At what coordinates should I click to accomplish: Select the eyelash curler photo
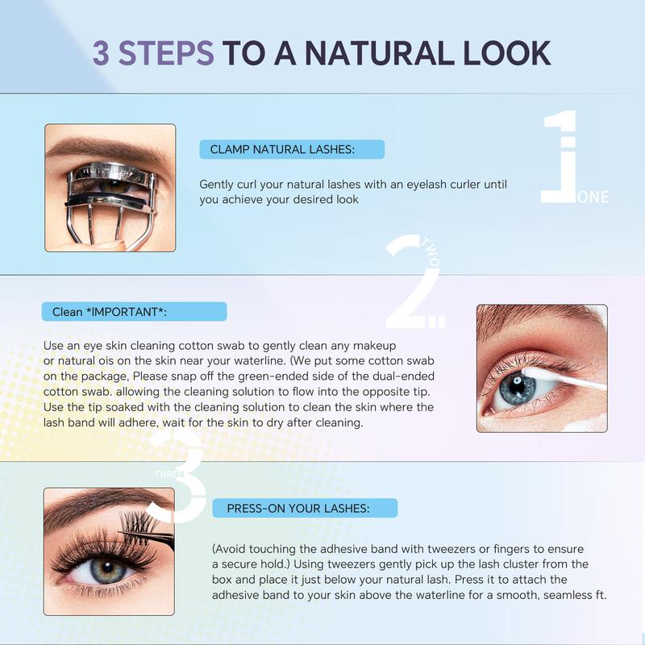point(110,187)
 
